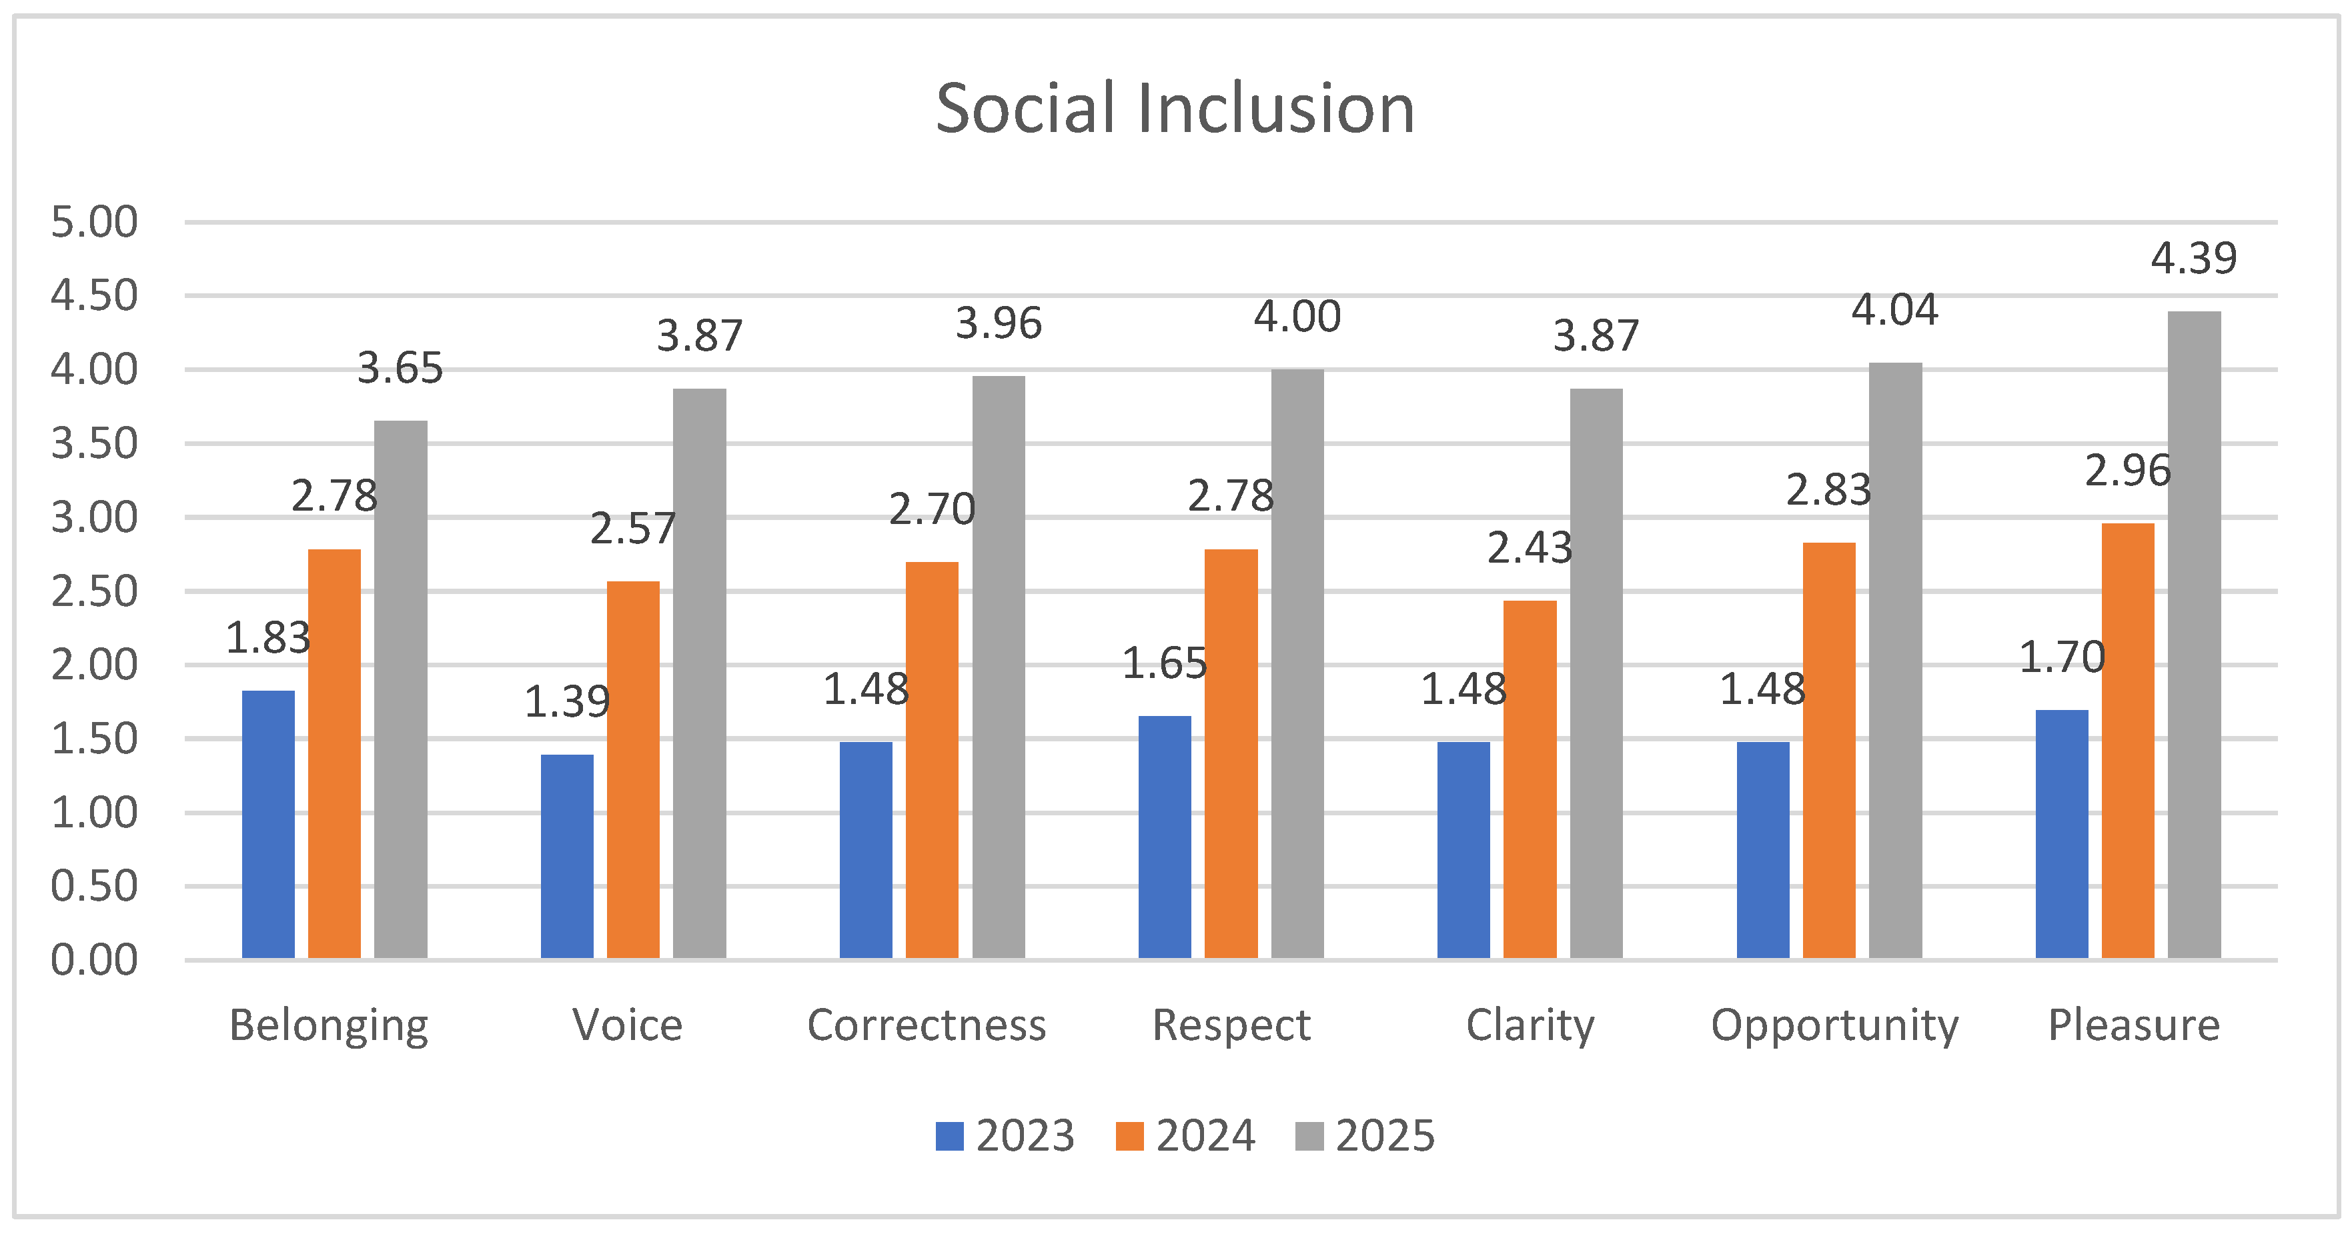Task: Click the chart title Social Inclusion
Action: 1175,109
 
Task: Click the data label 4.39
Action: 2193,258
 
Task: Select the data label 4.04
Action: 1894,310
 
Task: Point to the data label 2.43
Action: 1530,547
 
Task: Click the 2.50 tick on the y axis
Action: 94,591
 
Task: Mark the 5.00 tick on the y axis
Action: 94,222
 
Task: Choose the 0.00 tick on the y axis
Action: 94,960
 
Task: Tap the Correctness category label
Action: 926,1025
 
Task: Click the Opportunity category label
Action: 1834,1025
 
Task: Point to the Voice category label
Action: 627,1025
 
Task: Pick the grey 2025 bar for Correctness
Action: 998,667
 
